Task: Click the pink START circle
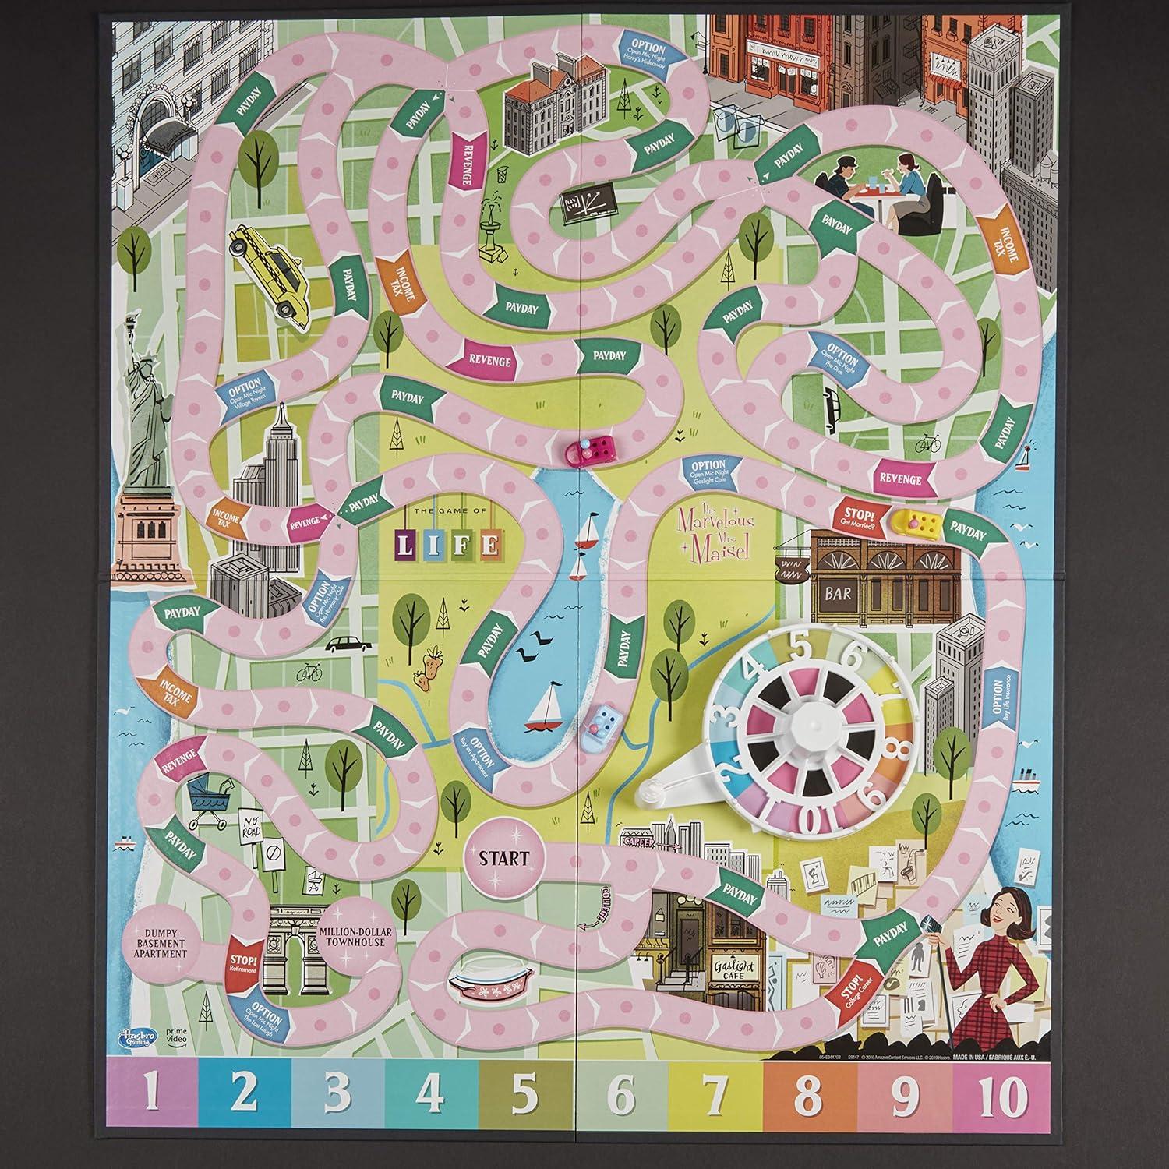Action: pyautogui.click(x=503, y=859)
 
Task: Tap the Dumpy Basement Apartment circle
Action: pyautogui.click(x=159, y=945)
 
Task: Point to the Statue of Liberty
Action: pyautogui.click(x=148, y=436)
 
